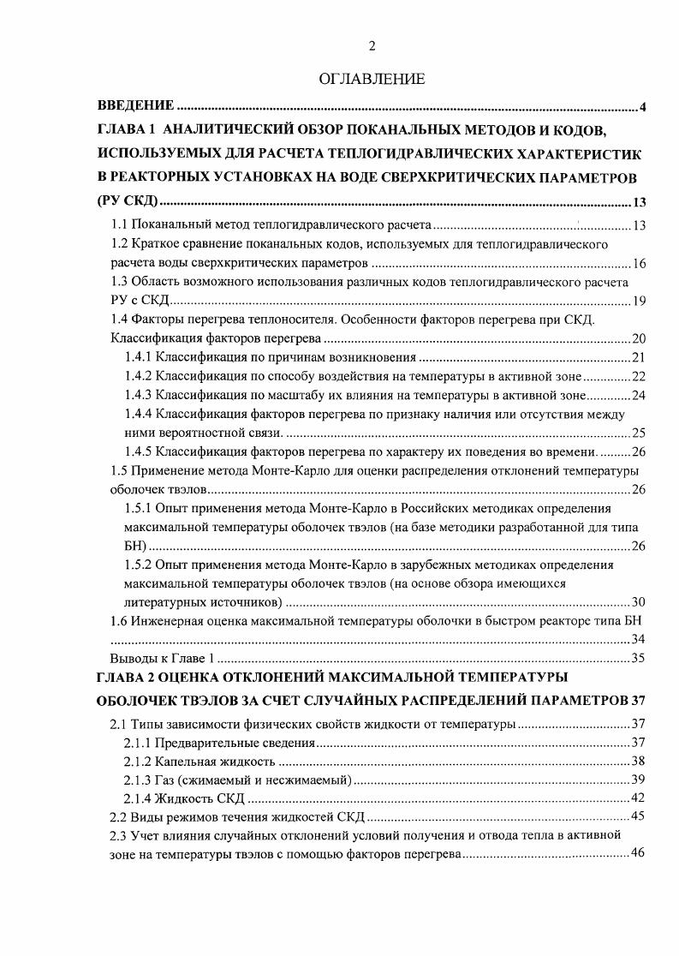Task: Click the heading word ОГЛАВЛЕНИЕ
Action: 372,80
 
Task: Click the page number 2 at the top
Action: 372,46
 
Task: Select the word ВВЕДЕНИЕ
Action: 136,106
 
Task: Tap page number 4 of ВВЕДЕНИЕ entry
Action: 642,107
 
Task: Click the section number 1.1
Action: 121,225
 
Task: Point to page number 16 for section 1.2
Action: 639,262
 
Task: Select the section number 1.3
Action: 121,281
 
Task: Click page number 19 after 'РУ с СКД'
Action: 639,300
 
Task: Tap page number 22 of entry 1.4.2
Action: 639,376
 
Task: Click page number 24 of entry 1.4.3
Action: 639,395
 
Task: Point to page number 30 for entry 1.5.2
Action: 639,602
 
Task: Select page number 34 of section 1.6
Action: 639,640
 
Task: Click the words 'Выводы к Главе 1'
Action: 161,659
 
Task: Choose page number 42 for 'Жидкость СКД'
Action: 639,798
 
